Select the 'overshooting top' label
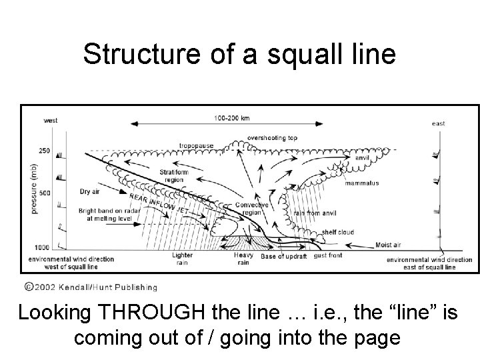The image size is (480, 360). coord(272,138)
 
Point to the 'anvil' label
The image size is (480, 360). coord(362,158)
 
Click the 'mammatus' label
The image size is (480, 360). coord(363,183)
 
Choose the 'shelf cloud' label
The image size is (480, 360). coord(339,232)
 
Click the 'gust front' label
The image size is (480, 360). coord(328,256)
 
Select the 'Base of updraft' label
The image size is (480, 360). coord(283,257)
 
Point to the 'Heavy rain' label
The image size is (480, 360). coord(243,259)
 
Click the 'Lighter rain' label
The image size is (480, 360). coord(182,259)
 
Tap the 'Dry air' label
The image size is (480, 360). coord(89,191)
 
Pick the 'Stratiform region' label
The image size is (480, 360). coord(174,175)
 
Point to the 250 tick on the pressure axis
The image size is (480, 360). coord(43,151)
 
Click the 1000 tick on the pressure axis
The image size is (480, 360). coord(42,247)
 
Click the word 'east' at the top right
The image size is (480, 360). coord(438,123)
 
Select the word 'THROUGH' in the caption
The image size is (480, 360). coord(141,313)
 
